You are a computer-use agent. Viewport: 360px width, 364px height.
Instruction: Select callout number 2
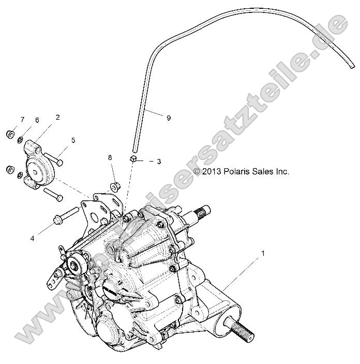(x=57, y=117)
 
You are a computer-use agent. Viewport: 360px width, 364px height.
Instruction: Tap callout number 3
(x=159, y=162)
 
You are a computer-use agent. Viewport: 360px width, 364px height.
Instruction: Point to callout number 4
(x=33, y=224)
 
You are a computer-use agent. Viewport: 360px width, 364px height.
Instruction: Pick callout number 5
(x=73, y=140)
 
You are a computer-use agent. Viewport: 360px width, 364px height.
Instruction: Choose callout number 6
(x=37, y=120)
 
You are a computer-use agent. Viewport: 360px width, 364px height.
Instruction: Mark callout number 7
(x=22, y=120)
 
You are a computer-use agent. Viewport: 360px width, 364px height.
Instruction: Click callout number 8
(x=110, y=157)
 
